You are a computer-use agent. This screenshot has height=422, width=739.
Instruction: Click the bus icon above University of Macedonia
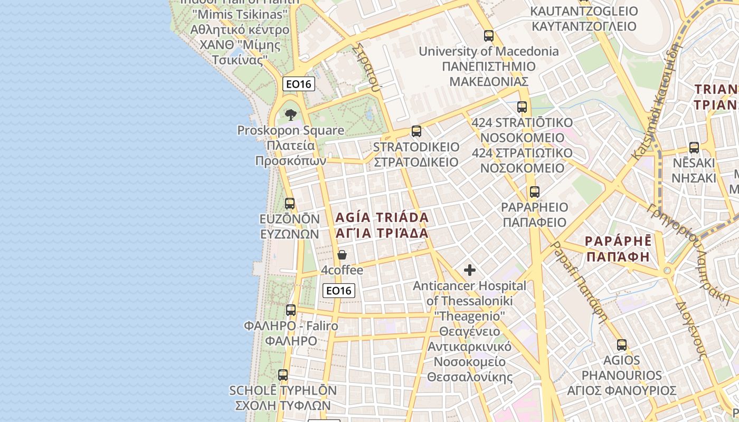point(489,36)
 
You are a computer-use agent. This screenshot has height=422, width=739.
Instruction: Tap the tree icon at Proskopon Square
point(290,114)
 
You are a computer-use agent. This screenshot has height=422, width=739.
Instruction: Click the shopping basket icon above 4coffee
point(342,255)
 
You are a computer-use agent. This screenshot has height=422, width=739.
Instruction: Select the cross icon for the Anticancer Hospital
point(469,271)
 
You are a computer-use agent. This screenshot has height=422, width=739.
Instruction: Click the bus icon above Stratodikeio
point(416,131)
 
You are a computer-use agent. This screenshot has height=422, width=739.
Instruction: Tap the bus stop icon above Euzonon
point(290,204)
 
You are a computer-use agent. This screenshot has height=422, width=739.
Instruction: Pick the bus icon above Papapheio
point(535,192)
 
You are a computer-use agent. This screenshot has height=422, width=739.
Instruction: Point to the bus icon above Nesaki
point(694,148)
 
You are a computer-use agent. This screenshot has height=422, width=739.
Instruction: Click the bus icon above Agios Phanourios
point(622,346)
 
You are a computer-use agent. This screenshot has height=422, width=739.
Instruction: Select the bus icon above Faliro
point(291,310)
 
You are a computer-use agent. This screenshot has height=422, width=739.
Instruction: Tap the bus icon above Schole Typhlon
point(283,375)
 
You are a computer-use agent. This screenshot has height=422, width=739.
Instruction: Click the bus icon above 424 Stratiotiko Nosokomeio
point(522,107)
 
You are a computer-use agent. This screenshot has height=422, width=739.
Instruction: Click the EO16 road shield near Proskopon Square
point(299,84)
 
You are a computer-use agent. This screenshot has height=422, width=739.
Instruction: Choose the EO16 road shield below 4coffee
point(339,291)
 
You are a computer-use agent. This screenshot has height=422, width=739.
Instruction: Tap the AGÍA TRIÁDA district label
point(382,217)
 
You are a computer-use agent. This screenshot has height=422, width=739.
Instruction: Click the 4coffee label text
point(342,271)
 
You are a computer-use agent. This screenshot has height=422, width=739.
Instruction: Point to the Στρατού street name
point(366,68)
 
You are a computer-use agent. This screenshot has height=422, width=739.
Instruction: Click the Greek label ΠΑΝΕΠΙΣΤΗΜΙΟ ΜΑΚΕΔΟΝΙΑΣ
point(489,74)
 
